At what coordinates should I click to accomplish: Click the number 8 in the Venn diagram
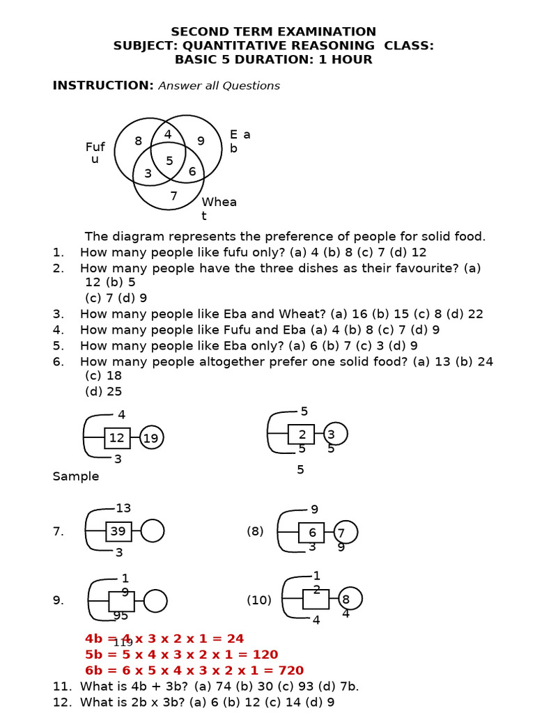point(138,141)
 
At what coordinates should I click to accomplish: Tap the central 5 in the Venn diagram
point(169,161)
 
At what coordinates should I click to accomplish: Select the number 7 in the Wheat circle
point(173,196)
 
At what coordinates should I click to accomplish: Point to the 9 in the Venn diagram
point(201,141)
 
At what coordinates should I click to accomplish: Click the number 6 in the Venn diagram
point(192,171)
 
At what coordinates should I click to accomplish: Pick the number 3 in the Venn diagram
point(148,173)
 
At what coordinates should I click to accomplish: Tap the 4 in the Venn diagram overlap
point(168,134)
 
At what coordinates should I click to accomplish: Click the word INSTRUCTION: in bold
point(103,86)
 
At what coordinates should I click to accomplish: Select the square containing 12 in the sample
point(117,438)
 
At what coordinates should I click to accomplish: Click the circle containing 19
point(151,438)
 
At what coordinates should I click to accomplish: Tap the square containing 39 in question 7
point(118,531)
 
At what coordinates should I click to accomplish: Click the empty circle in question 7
point(153,531)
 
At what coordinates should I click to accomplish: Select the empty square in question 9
point(121,601)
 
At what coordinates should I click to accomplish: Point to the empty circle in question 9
point(155,601)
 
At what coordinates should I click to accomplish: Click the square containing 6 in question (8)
point(312,533)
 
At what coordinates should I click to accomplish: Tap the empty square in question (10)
point(316,599)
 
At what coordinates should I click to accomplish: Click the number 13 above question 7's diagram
point(123,508)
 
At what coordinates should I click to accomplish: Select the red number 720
point(290,671)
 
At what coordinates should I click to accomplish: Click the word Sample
point(76,476)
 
